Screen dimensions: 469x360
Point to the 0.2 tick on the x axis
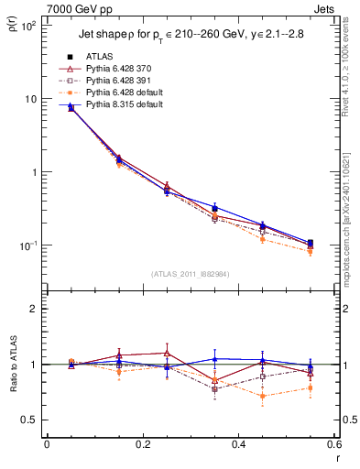[142, 443]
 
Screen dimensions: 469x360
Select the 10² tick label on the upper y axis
[29, 26]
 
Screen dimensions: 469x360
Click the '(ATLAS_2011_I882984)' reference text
[190, 273]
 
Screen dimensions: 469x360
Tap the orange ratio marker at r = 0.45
[262, 396]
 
